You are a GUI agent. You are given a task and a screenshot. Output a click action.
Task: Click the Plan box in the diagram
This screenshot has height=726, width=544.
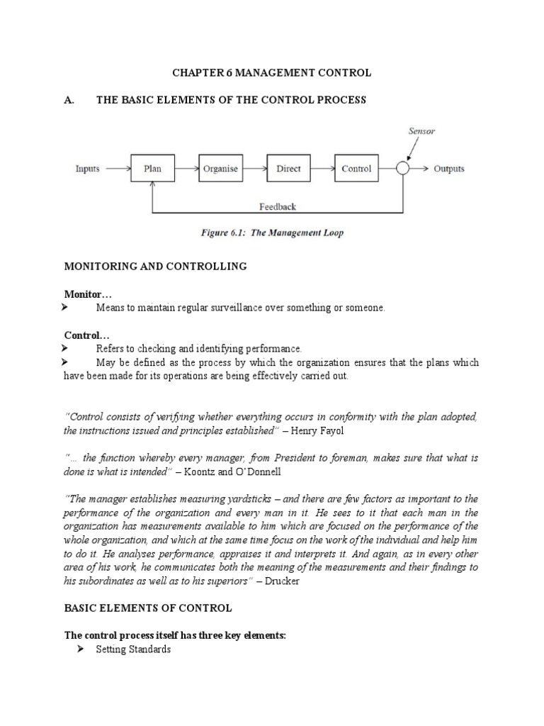pyautogui.click(x=152, y=169)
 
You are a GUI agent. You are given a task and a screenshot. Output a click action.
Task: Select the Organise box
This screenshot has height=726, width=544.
pyautogui.click(x=220, y=169)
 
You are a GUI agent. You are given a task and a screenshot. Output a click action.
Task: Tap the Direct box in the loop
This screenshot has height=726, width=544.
pyautogui.click(x=288, y=169)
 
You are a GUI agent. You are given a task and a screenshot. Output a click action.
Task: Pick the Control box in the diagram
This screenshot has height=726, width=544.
pyautogui.click(x=356, y=169)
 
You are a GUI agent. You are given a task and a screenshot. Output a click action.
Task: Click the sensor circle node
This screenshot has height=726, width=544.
pyautogui.click(x=403, y=169)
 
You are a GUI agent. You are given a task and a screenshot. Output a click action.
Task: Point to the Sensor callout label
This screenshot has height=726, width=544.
pyautogui.click(x=422, y=131)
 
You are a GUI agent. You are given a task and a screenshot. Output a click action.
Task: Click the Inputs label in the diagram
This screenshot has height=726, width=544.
pyautogui.click(x=88, y=169)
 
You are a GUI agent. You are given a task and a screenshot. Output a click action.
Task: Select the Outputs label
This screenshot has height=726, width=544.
pyautogui.click(x=449, y=169)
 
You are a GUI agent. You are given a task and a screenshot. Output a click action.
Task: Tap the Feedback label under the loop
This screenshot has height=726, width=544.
pyautogui.click(x=278, y=207)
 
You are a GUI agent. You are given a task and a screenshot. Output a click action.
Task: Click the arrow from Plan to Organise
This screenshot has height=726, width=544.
pyautogui.click(x=186, y=169)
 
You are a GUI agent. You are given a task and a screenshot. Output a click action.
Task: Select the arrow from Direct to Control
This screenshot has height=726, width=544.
pyautogui.click(x=322, y=169)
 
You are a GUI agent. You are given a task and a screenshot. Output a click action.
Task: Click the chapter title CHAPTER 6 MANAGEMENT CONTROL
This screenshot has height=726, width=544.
pyautogui.click(x=272, y=72)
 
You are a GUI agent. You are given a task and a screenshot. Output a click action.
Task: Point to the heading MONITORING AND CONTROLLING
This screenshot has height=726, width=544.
pyautogui.click(x=155, y=266)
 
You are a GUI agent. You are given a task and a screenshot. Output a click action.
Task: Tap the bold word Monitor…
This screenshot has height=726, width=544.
pyautogui.click(x=88, y=294)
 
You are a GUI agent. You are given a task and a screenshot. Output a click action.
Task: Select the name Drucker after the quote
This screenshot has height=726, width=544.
pyautogui.click(x=288, y=581)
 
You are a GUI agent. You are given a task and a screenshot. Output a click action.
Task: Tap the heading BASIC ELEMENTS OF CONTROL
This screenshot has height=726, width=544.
pyautogui.click(x=147, y=608)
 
